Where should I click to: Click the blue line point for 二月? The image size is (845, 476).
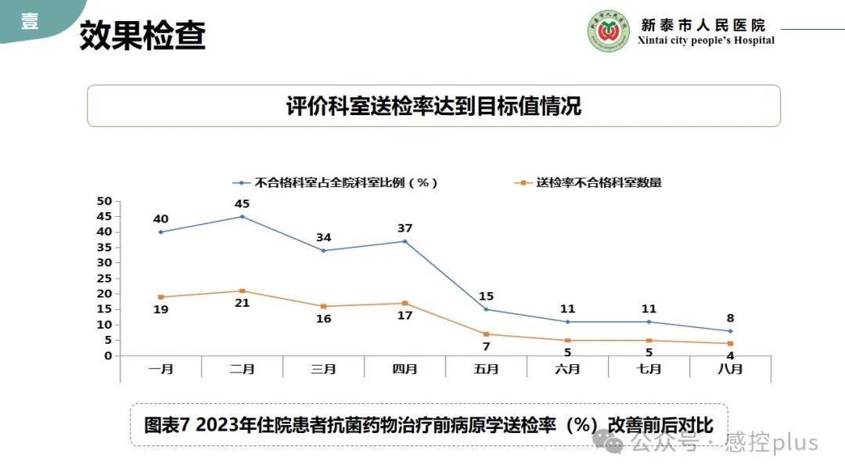(242, 216)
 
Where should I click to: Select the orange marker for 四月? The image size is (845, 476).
(405, 303)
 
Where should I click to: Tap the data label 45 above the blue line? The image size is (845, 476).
(242, 204)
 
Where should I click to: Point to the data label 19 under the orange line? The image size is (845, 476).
(160, 309)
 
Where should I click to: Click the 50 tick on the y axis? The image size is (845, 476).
(104, 201)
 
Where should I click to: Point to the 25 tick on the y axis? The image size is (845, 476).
(104, 278)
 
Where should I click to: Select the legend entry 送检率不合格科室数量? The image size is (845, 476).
(599, 182)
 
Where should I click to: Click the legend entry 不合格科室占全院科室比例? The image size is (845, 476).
(345, 182)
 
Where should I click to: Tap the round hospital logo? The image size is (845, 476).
(609, 31)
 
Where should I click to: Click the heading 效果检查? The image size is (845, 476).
(142, 35)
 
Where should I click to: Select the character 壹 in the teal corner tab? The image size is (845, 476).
(29, 21)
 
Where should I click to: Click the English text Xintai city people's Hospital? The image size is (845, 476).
(706, 41)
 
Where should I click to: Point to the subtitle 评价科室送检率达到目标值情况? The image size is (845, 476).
(433, 106)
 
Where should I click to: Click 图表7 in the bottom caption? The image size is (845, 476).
(167, 425)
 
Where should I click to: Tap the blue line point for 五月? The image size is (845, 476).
(486, 309)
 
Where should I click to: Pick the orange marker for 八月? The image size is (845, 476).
(730, 344)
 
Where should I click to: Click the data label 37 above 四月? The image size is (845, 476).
(405, 229)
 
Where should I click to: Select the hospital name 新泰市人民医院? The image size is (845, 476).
(703, 25)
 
